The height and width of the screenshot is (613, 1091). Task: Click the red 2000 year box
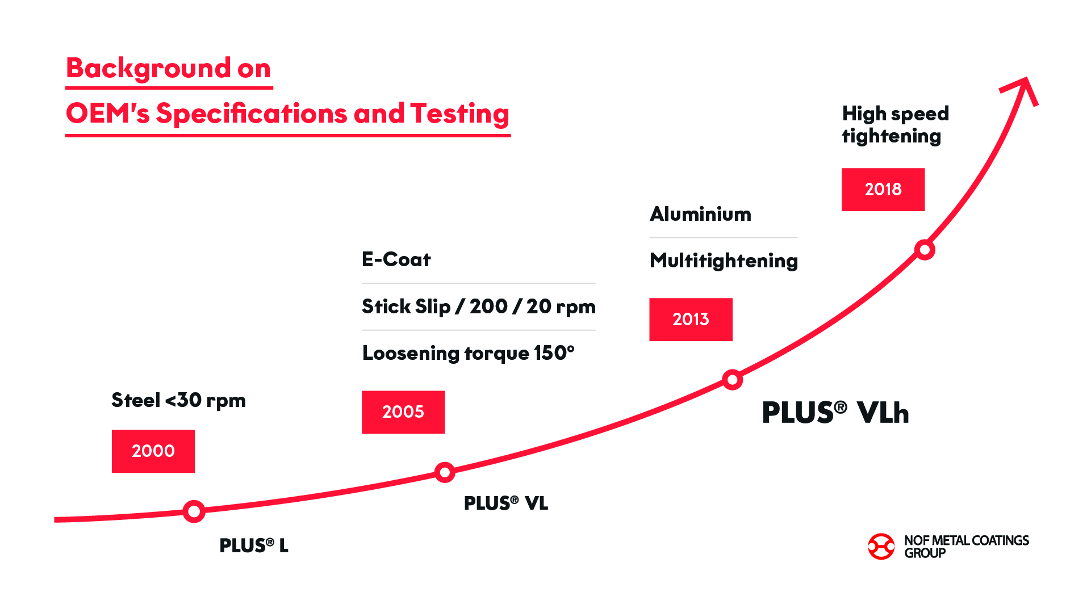tap(153, 451)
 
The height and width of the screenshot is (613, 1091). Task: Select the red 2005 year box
tap(403, 412)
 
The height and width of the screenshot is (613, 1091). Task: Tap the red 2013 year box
tap(691, 320)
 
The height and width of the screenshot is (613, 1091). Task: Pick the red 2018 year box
tap(883, 190)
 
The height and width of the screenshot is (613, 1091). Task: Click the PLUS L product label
tap(254, 545)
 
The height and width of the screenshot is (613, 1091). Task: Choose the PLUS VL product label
tap(506, 503)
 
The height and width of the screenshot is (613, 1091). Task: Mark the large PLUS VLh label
tap(835, 413)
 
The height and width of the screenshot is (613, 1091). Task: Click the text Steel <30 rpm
tap(178, 400)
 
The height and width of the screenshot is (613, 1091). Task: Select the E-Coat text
tap(396, 259)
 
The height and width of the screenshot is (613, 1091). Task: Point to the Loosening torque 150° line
tap(469, 353)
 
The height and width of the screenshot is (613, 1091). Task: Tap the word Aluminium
tap(700, 214)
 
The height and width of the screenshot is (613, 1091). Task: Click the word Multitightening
tap(724, 261)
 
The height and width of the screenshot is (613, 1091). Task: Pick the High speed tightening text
tap(895, 125)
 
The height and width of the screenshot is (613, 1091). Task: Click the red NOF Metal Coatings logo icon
tap(881, 547)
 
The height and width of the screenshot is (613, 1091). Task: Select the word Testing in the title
tap(459, 114)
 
